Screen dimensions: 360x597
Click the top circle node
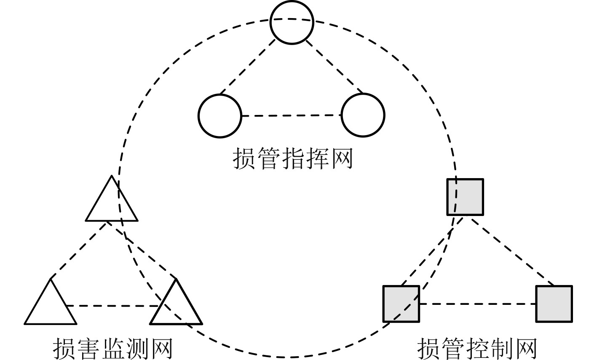(292, 23)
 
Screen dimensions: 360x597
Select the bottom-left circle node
(220, 116)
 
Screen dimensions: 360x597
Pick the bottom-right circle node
(363, 115)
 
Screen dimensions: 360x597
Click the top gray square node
(465, 197)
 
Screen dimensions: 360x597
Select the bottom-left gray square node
(401, 304)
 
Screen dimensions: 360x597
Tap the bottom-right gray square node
(554, 304)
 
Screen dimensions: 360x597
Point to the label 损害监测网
(113, 348)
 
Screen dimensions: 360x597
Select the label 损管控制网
(477, 348)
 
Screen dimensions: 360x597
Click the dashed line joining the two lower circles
(291, 115)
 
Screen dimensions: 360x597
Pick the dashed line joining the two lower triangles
(113, 306)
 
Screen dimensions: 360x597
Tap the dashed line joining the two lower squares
(477, 304)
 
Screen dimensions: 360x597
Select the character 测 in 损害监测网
(137, 348)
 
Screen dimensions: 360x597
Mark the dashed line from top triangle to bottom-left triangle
(78, 250)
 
